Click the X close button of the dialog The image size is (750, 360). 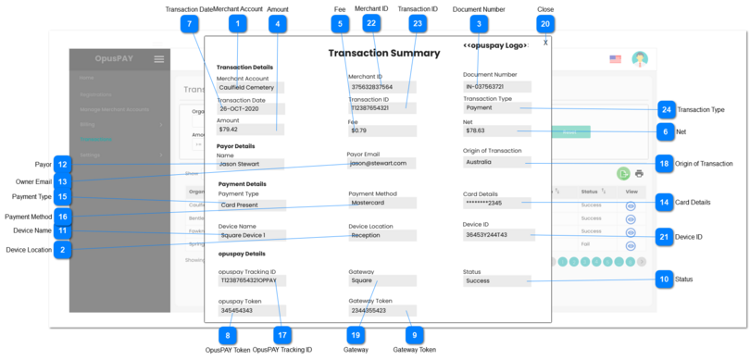pyautogui.click(x=545, y=43)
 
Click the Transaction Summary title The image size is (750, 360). pyautogui.click(x=383, y=54)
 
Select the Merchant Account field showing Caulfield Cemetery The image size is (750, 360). pyautogui.click(x=249, y=88)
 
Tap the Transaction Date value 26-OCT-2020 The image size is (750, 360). pyautogui.click(x=249, y=108)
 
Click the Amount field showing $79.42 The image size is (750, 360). pyautogui.click(x=249, y=130)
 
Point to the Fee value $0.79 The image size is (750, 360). pyautogui.click(x=381, y=130)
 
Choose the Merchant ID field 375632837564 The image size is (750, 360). pyautogui.click(x=381, y=88)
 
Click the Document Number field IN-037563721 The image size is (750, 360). pyautogui.click(x=496, y=87)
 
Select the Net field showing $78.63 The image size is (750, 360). pyautogui.click(x=496, y=130)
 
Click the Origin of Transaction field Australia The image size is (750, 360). pyautogui.click(x=496, y=161)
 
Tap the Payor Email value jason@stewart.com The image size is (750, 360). pyautogui.click(x=381, y=163)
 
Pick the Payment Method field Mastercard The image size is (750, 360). pyautogui.click(x=381, y=203)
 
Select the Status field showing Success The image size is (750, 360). pyautogui.click(x=496, y=280)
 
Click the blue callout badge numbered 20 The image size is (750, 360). pyautogui.click(x=545, y=24)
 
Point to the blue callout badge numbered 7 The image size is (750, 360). pyautogui.click(x=190, y=24)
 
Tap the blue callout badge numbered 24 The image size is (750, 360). pyautogui.click(x=665, y=109)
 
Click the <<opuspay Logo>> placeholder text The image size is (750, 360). pyautogui.click(x=495, y=45)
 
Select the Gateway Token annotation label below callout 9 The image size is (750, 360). pyautogui.click(x=414, y=351)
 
